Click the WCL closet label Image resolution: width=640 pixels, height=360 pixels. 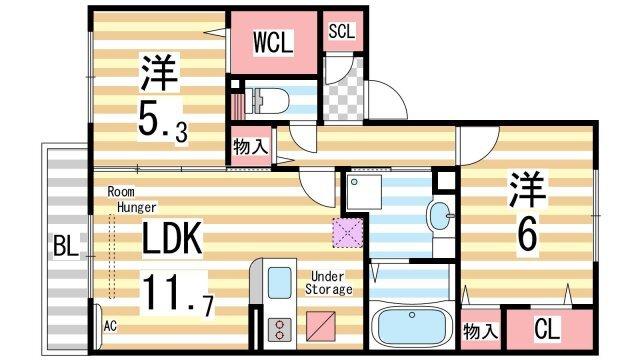point(272,42)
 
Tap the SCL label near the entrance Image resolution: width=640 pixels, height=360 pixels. point(342,30)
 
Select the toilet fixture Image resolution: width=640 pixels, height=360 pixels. point(273,101)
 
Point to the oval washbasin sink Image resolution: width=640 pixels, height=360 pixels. point(439,214)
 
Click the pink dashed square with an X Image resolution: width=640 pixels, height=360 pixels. point(346,232)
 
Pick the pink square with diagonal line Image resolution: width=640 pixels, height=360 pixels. point(320,327)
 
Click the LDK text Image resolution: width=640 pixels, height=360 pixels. point(171,239)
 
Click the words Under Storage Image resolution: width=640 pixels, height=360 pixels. point(330,282)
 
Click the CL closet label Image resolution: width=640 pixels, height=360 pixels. point(546,329)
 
